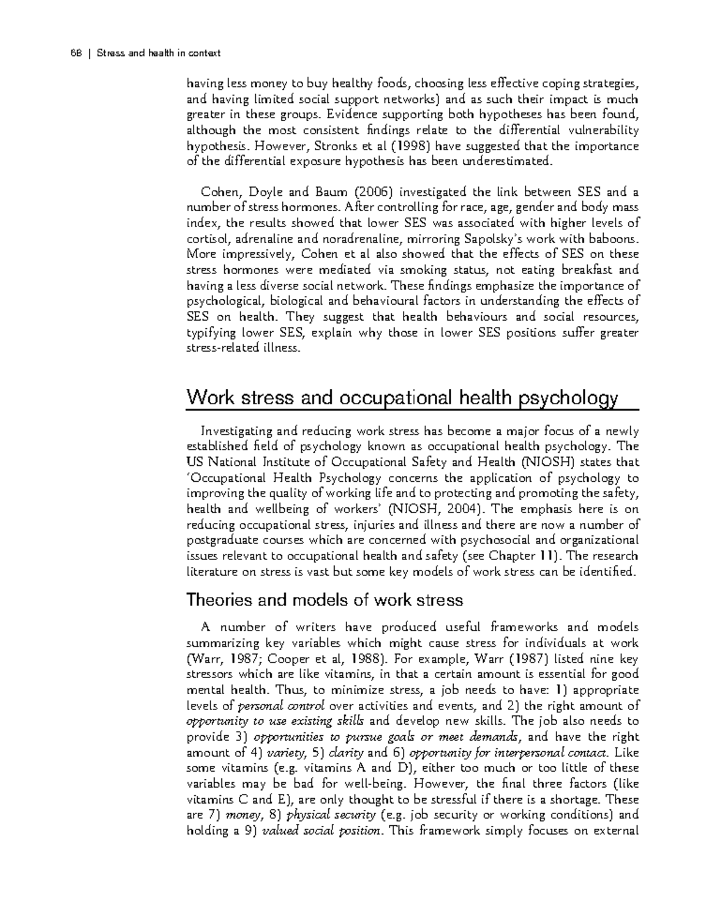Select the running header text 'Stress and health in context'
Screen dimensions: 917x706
point(158,54)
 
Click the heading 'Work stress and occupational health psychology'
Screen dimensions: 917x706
point(402,398)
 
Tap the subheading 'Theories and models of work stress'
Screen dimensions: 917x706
point(324,600)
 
